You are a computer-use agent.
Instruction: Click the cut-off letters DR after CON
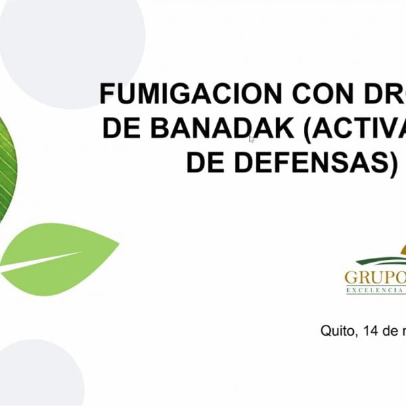(x=386, y=93)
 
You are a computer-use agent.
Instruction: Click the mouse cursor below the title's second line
(x=251, y=139)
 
